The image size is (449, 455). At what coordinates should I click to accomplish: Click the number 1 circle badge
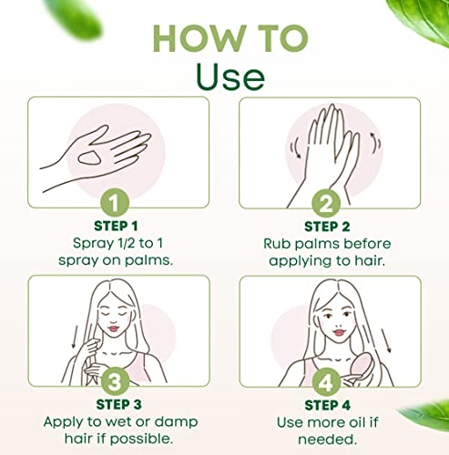click(115, 203)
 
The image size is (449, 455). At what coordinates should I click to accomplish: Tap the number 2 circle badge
click(326, 204)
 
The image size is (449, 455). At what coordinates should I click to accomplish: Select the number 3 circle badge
click(115, 381)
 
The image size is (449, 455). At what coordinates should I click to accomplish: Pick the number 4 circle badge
click(326, 382)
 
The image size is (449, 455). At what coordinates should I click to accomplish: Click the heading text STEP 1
click(116, 227)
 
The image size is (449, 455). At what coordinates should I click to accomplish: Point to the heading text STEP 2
click(327, 227)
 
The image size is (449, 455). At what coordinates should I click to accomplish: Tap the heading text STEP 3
click(118, 405)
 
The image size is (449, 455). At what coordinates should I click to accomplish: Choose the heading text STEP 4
click(328, 406)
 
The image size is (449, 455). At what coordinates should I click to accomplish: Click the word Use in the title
click(230, 76)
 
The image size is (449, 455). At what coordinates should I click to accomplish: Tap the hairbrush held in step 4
click(358, 368)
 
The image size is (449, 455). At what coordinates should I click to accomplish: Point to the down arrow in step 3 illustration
click(74, 337)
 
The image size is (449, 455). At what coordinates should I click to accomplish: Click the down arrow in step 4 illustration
click(386, 341)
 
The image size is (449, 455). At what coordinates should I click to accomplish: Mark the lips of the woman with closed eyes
click(113, 329)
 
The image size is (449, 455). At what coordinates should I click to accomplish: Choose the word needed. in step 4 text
click(327, 440)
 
